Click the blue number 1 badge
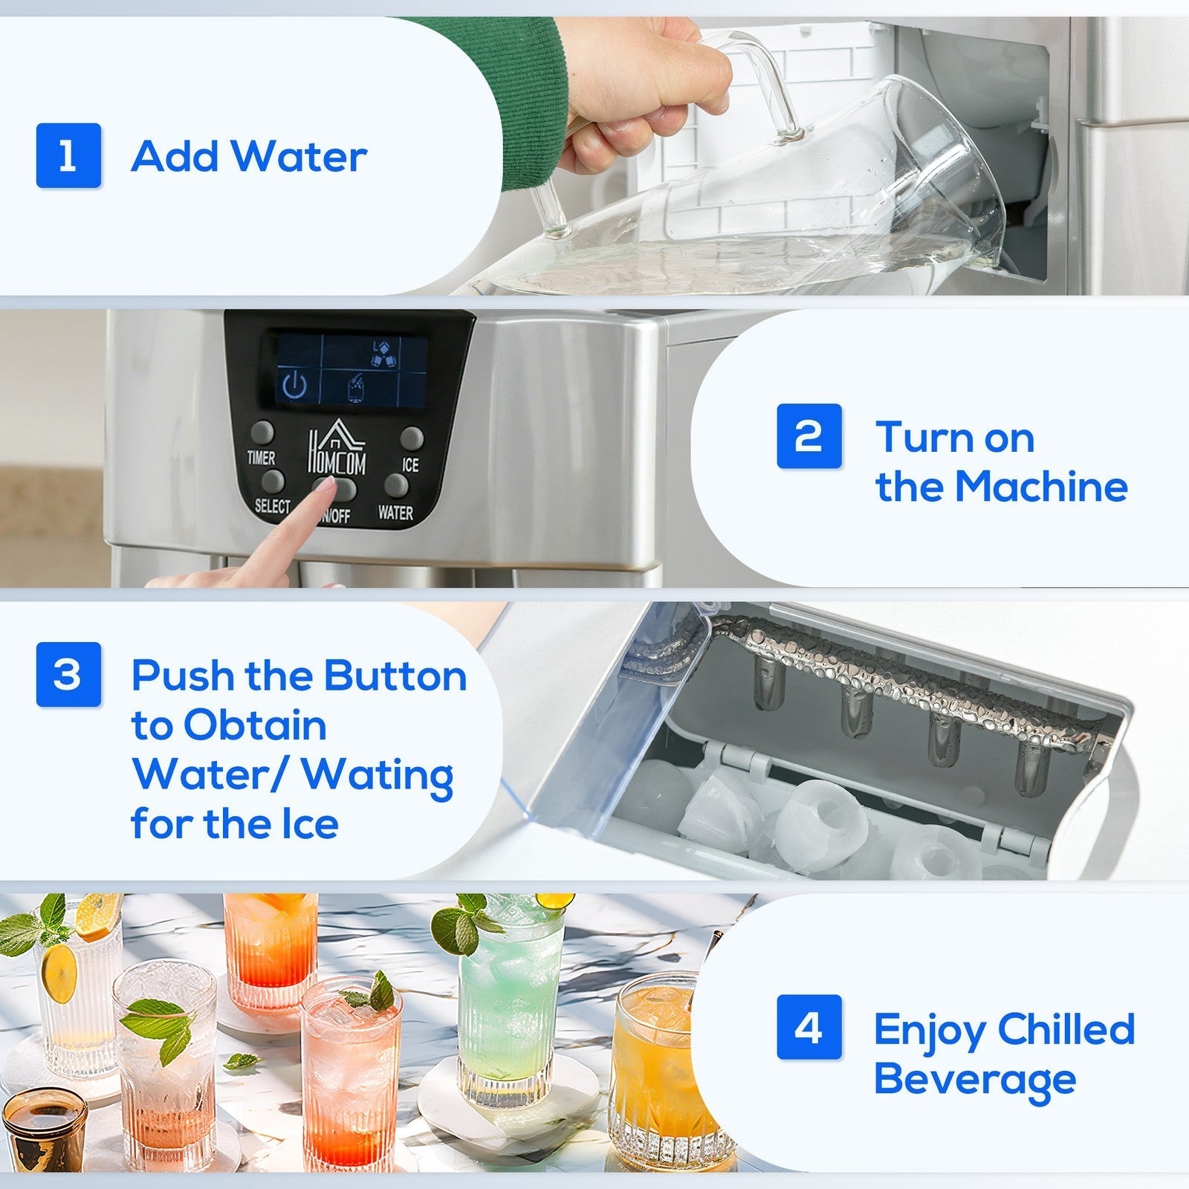68,155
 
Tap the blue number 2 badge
809,436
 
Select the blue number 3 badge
68,674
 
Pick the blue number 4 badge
809,1027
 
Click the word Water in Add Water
298,157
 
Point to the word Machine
1040,487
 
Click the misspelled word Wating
378,775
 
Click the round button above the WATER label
396,485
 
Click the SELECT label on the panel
272,506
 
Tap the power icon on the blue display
295,385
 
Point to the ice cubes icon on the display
383,354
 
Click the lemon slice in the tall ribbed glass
58,971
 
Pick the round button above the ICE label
412,438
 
